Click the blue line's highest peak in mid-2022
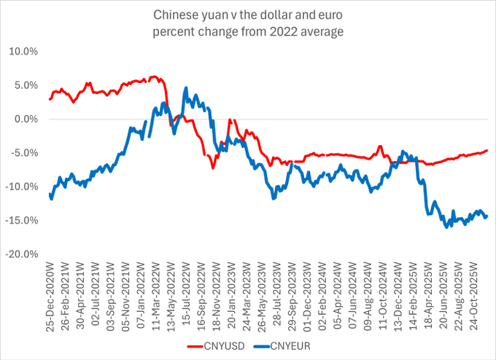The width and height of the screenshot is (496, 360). point(186,87)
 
